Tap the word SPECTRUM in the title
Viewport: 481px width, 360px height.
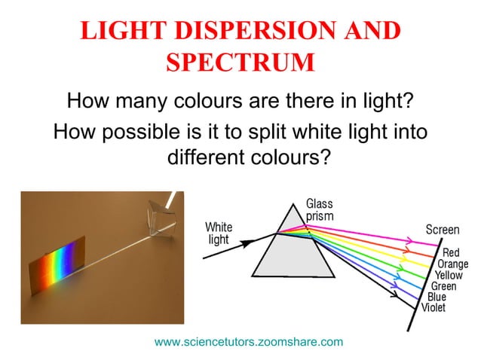[x=240, y=63]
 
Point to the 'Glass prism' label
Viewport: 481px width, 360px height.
[x=319, y=210]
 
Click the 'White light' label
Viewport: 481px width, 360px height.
[x=219, y=233]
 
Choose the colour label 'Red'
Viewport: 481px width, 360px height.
[x=451, y=253]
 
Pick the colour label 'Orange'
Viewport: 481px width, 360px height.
[x=452, y=264]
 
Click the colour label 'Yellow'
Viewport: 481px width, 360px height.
[x=449, y=276]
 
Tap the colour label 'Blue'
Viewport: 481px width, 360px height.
[x=437, y=297]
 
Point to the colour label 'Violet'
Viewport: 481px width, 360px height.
[x=434, y=307]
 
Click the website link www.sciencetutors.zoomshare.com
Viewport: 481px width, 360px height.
[x=249, y=342]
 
